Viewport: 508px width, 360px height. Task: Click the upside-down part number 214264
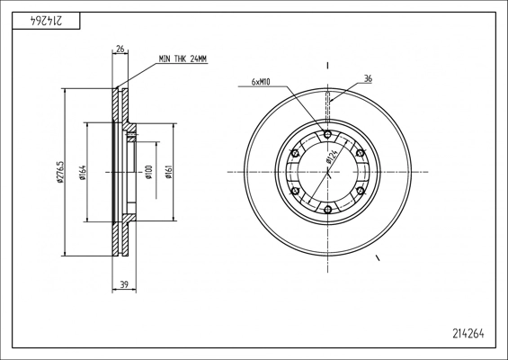45,21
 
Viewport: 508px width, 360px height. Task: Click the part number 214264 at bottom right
468,333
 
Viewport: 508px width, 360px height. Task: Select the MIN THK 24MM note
183,58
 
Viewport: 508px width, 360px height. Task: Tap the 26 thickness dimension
120,49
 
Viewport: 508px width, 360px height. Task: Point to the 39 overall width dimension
124,284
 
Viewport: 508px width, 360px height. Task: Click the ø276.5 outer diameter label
60,172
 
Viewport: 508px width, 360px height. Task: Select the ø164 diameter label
83,172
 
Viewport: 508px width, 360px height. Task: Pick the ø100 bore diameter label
148,172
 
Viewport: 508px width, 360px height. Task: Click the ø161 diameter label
168,172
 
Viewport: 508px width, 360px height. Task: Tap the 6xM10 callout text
261,82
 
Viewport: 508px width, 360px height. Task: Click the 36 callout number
368,78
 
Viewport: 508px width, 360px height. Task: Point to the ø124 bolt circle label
332,157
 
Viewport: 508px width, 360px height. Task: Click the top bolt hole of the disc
327,134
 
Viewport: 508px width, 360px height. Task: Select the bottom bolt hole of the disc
327,210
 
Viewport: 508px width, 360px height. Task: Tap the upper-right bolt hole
361,153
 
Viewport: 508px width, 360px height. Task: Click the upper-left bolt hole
295,153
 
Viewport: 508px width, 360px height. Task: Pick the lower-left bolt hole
295,191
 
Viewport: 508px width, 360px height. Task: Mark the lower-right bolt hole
361,191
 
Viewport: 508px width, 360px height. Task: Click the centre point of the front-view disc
327,172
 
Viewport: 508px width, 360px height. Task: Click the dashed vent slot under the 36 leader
327,107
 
